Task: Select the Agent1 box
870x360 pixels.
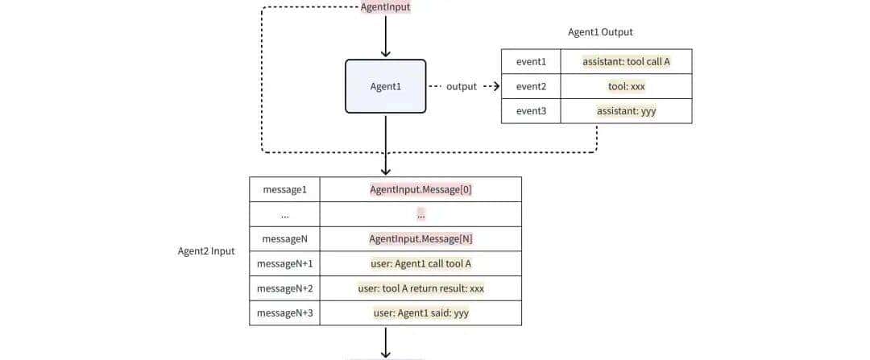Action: point(385,86)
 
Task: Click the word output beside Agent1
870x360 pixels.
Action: point(462,86)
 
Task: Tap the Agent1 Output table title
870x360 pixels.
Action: point(600,32)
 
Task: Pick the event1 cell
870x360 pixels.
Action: point(531,61)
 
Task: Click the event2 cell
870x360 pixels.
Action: point(531,86)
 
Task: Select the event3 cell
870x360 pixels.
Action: point(531,111)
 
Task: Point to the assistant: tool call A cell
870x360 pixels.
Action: point(626,61)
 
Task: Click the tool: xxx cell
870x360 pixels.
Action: point(626,86)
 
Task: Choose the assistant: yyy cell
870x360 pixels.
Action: point(626,111)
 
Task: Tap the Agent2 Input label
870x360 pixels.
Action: point(206,251)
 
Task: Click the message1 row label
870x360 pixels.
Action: point(284,189)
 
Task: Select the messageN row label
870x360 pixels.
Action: point(284,239)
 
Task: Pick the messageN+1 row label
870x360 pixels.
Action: point(284,263)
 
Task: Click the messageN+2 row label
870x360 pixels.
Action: point(284,288)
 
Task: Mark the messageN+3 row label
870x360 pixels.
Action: point(284,312)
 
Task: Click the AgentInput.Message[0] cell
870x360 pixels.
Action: point(420,189)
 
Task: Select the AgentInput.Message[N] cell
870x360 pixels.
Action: point(420,239)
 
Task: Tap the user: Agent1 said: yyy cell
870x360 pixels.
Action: point(420,312)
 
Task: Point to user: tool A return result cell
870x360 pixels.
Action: point(420,288)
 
